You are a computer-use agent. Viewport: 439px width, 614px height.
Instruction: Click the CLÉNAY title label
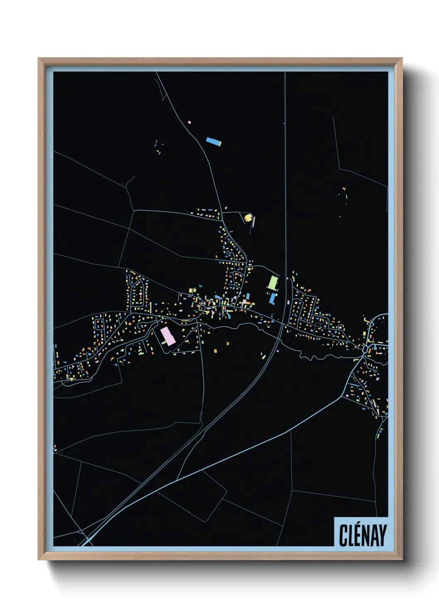(362, 535)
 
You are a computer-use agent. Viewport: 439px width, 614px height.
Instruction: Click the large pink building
(168, 336)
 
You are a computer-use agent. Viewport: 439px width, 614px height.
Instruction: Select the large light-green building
(272, 283)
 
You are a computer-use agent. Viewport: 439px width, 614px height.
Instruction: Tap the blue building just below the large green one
(273, 298)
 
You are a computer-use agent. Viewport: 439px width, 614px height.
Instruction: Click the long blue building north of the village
(214, 141)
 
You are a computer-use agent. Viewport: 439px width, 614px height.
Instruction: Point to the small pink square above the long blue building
(189, 122)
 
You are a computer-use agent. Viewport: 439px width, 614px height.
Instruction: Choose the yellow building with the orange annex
(248, 217)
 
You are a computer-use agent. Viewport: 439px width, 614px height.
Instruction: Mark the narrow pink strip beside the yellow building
(254, 222)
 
